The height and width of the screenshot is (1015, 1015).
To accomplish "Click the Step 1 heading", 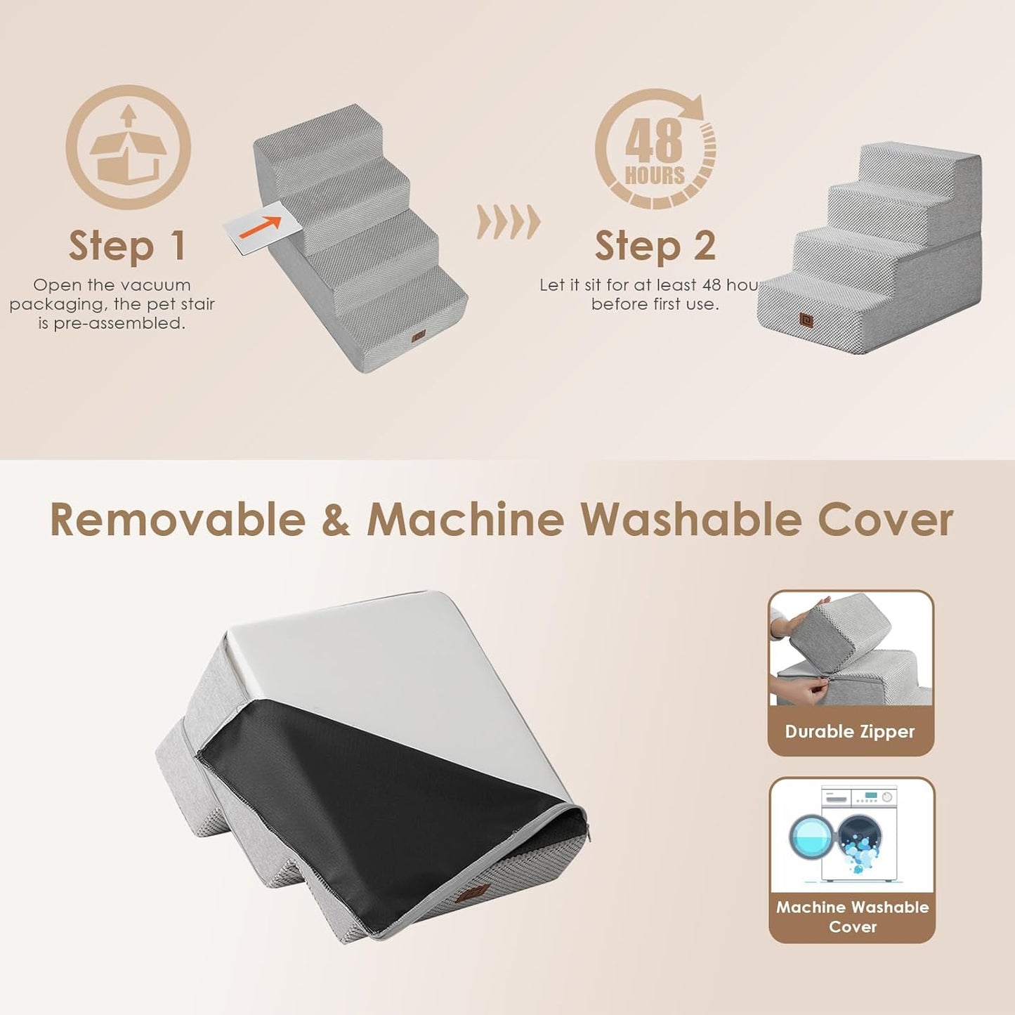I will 127,246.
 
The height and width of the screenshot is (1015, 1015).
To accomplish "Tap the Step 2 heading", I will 655,246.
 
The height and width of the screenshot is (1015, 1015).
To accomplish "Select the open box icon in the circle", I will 128,149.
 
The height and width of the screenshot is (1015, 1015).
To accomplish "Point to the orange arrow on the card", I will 261,226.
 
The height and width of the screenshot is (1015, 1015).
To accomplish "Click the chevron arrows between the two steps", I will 509,222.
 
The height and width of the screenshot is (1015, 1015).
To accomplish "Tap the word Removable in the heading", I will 178,520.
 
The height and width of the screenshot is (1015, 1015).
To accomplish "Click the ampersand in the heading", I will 336,520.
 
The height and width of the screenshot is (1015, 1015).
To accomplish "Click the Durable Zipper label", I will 850,732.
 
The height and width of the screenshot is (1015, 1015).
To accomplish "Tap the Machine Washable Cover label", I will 852,917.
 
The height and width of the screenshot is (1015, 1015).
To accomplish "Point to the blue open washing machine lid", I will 813,836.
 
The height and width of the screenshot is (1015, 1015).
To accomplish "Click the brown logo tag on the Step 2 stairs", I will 806,320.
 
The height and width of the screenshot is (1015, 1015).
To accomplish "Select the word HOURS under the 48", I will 655,175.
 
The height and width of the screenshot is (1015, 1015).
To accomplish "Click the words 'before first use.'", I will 655,304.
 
